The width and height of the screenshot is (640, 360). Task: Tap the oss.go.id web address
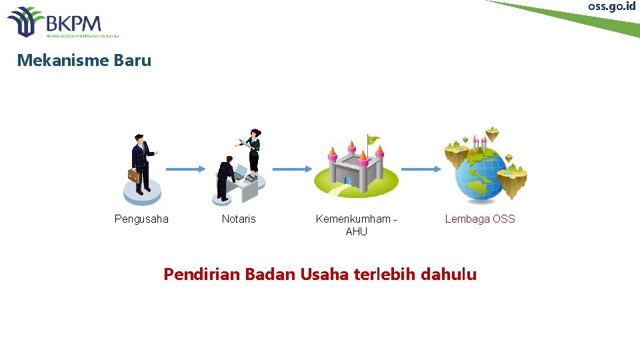[612, 6]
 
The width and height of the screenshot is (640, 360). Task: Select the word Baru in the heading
[133, 61]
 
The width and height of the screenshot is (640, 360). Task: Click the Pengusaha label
[141, 219]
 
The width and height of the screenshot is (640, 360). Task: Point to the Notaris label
[239, 219]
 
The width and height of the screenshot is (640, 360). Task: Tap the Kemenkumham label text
[354, 219]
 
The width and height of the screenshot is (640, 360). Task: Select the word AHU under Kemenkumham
[356, 231]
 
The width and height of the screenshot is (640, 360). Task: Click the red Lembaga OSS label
[480, 219]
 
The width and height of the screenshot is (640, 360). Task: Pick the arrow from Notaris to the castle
[292, 169]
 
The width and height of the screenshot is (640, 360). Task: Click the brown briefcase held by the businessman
[134, 176]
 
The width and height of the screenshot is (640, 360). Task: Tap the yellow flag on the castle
[373, 141]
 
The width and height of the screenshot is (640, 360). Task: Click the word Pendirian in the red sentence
[202, 274]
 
